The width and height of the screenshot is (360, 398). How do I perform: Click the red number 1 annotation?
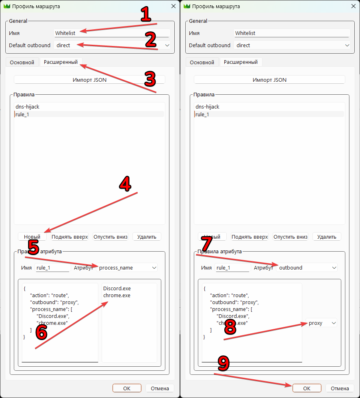146,14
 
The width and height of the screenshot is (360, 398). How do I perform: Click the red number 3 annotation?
150,79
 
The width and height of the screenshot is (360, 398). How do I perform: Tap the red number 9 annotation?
223,363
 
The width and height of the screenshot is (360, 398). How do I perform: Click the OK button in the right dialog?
307,388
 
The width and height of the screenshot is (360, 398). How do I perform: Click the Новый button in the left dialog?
32,237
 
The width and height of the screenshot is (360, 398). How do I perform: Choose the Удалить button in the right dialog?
327,237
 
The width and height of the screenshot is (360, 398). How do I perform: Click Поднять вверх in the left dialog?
70,237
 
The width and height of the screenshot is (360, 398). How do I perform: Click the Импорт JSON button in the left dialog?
89,80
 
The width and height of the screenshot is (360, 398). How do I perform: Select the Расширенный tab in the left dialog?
61,62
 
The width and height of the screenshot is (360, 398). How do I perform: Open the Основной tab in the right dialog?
202,62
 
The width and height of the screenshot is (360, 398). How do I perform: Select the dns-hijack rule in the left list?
27,107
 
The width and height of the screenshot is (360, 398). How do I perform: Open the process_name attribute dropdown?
127,268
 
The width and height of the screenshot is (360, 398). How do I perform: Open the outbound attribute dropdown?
307,268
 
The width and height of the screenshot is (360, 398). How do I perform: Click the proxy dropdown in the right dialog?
321,323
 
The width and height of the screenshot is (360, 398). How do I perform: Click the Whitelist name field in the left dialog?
112,33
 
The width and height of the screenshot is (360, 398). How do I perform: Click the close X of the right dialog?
353,6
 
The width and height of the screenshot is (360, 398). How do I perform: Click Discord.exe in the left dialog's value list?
117,288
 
